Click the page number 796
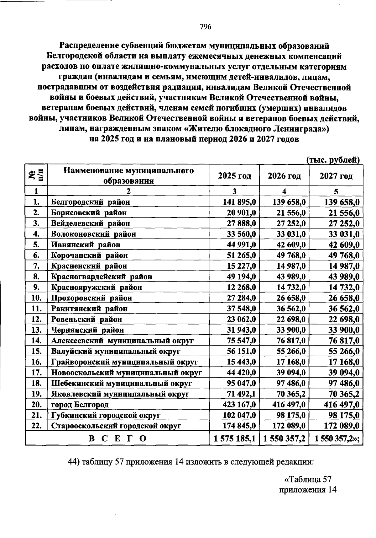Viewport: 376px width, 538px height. [206, 27]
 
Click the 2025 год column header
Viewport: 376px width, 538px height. [234, 176]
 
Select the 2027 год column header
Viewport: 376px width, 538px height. [336, 176]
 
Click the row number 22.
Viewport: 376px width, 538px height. [37, 426]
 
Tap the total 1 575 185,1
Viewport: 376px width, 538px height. [235, 438]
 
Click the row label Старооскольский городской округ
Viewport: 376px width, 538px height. [116, 426]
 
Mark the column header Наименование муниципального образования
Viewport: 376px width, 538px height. [128, 175]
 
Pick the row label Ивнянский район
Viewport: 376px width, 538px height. [86, 245]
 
